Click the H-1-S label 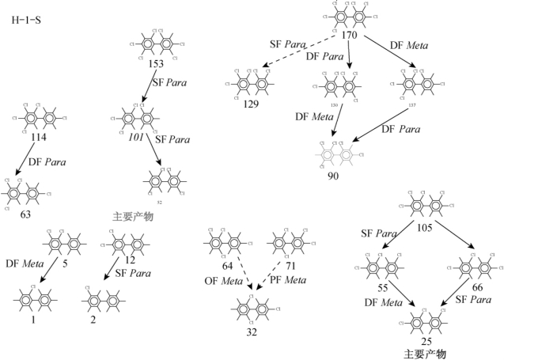point(26,20)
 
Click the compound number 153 point(155,63)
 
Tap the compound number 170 point(349,35)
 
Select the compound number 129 point(251,104)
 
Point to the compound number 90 point(333,176)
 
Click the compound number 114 point(38,137)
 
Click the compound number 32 point(251,332)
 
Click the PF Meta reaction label point(286,279)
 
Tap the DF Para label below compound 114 point(47,162)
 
